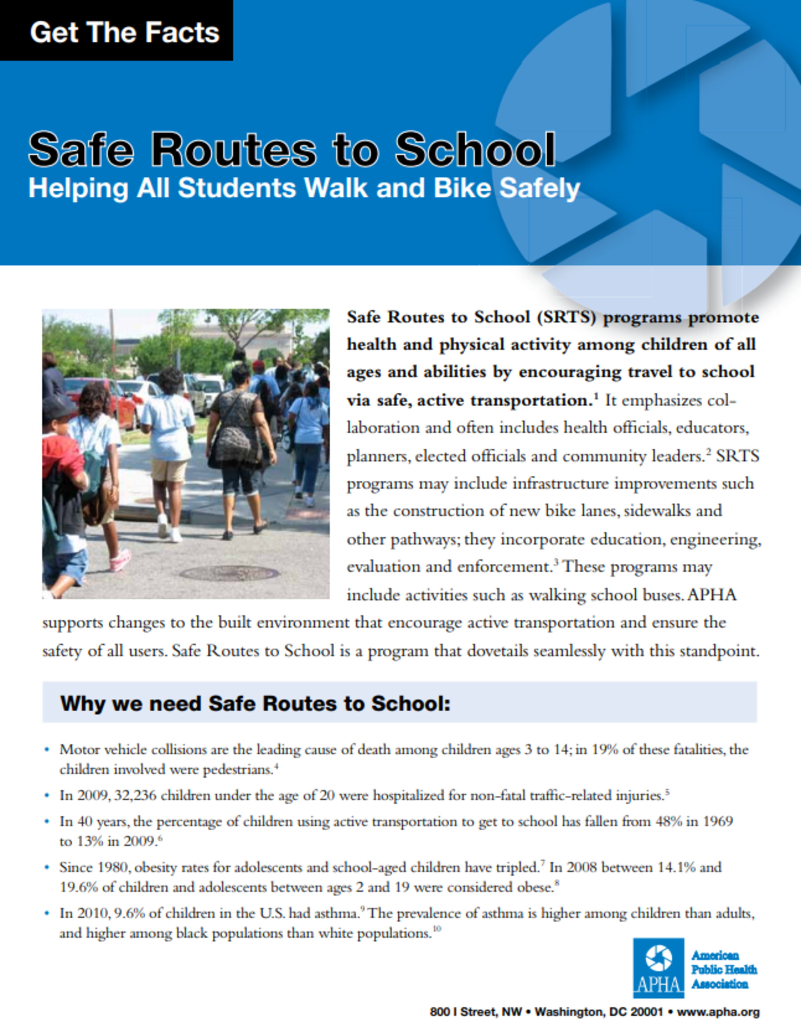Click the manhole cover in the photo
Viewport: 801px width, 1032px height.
pyautogui.click(x=230, y=573)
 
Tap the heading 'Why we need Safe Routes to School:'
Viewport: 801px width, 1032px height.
pyautogui.click(x=255, y=703)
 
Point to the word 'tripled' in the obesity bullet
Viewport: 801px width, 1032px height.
pyautogui.click(x=517, y=868)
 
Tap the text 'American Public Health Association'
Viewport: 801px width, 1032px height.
pyautogui.click(x=724, y=970)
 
